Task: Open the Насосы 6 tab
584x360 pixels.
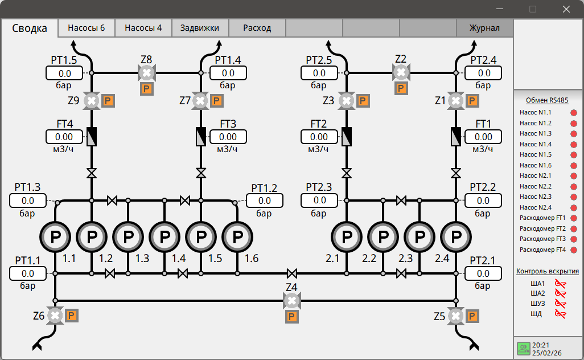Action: pyautogui.click(x=87, y=28)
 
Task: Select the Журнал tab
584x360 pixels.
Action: pyautogui.click(x=484, y=28)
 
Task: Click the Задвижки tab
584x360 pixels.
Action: pyautogui.click(x=200, y=28)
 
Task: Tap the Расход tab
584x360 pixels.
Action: pyautogui.click(x=257, y=28)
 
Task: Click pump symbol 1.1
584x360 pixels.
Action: pyautogui.click(x=55, y=236)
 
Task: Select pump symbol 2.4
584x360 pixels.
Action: pyautogui.click(x=456, y=236)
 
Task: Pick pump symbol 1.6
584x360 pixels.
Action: pyautogui.click(x=237, y=236)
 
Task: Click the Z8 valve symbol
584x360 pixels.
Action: pyautogui.click(x=147, y=73)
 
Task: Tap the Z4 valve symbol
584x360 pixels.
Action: pyautogui.click(x=291, y=301)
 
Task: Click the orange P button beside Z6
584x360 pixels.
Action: pyautogui.click(x=72, y=316)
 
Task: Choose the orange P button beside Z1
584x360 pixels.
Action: pyautogui.click(x=472, y=101)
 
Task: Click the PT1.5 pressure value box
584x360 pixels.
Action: pyautogui.click(x=64, y=73)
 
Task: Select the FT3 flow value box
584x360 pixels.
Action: pyautogui.click(x=228, y=137)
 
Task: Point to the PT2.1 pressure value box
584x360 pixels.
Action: pyautogui.click(x=483, y=273)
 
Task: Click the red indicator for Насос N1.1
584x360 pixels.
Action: pyautogui.click(x=574, y=113)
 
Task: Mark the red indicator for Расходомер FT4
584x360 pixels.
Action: pyautogui.click(x=574, y=250)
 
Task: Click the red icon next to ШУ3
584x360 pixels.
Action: pyautogui.click(x=560, y=304)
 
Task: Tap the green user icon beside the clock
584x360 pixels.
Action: pyautogui.click(x=524, y=349)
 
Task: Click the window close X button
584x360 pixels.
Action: pyautogui.click(x=566, y=9)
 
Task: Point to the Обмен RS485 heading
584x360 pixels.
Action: pyautogui.click(x=547, y=100)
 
